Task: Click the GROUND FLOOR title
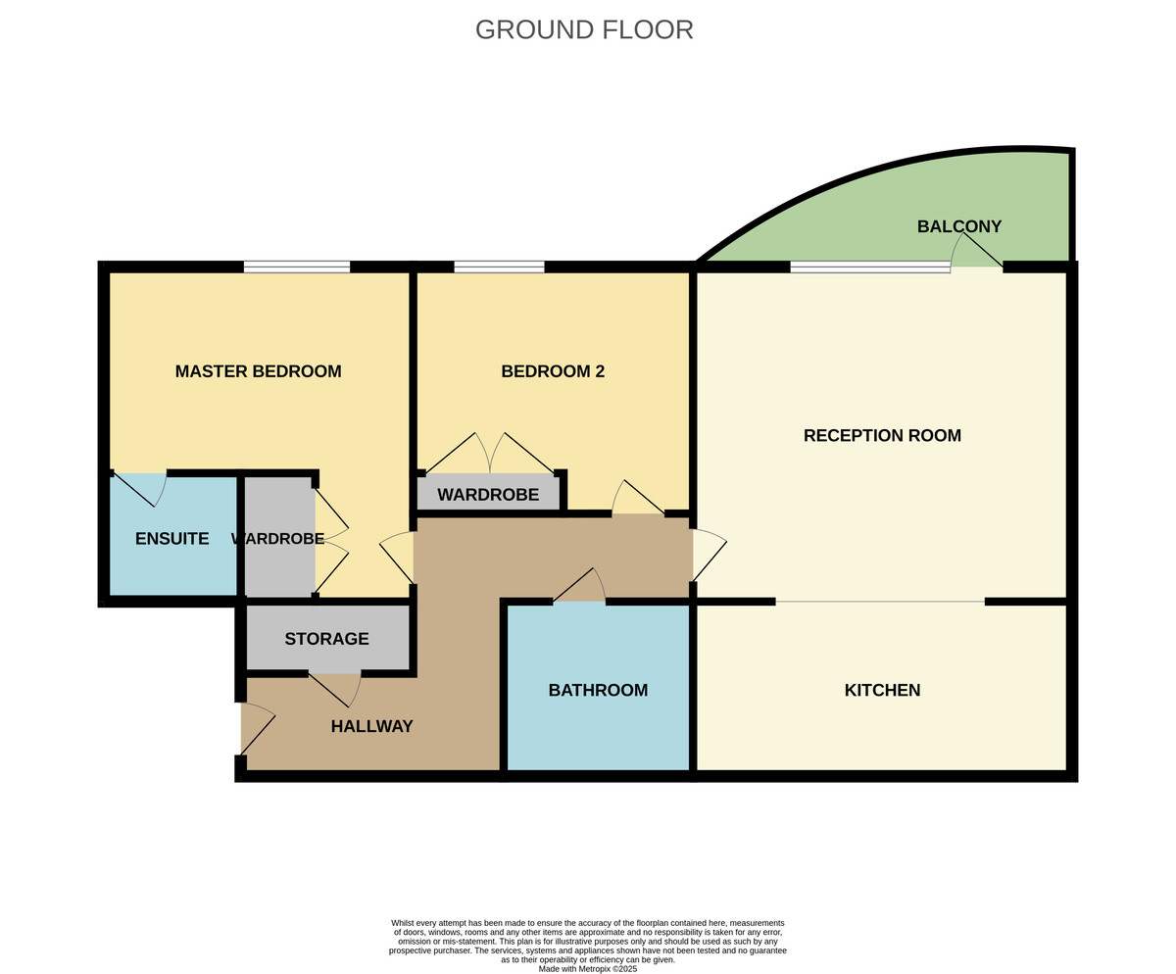click(x=584, y=29)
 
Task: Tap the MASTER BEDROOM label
click(x=258, y=371)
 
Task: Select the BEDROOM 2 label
click(x=553, y=371)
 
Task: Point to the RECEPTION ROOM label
click(x=882, y=435)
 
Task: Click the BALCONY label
click(x=958, y=226)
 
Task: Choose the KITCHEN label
click(x=882, y=690)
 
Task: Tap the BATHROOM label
click(x=598, y=690)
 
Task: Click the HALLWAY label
click(x=371, y=726)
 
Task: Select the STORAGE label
click(x=326, y=639)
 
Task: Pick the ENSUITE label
click(x=171, y=538)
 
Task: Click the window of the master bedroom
click(x=297, y=267)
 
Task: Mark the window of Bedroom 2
click(x=499, y=267)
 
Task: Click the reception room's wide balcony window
click(x=869, y=267)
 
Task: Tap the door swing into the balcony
click(x=975, y=253)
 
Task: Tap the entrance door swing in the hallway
click(x=256, y=728)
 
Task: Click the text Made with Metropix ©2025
click(x=587, y=968)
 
